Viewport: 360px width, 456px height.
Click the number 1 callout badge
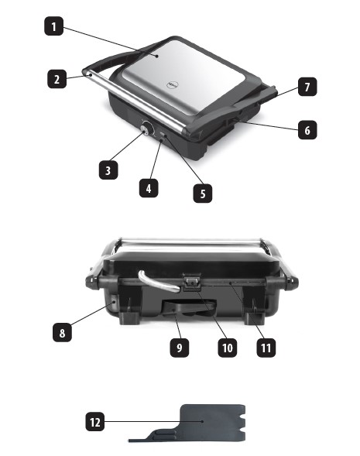click(x=53, y=26)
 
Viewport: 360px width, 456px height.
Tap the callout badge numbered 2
click(x=57, y=79)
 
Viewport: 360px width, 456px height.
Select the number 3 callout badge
click(x=108, y=170)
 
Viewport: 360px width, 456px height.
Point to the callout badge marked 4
click(x=149, y=188)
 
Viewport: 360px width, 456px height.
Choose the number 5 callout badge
click(x=203, y=193)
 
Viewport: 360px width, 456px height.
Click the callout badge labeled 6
click(x=307, y=130)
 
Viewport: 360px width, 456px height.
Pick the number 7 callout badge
click(x=307, y=87)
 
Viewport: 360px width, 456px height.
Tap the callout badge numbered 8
click(x=62, y=332)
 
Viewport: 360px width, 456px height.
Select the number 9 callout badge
click(x=180, y=348)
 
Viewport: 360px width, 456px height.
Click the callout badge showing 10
click(x=228, y=348)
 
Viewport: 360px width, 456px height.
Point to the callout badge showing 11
click(x=266, y=348)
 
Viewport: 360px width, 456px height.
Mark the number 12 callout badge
click(x=95, y=422)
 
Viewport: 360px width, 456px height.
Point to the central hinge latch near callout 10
click(x=192, y=282)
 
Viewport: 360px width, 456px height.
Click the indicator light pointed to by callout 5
click(x=163, y=135)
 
